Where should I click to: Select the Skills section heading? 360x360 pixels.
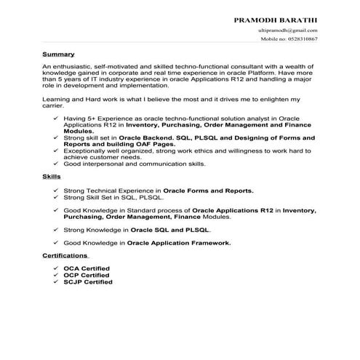(51, 176)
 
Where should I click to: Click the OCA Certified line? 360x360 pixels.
(87, 268)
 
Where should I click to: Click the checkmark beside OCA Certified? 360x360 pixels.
(57, 268)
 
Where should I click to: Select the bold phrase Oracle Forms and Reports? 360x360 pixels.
(208, 190)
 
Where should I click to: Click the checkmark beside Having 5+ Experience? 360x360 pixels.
(57, 118)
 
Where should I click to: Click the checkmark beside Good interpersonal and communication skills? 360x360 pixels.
(57, 164)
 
